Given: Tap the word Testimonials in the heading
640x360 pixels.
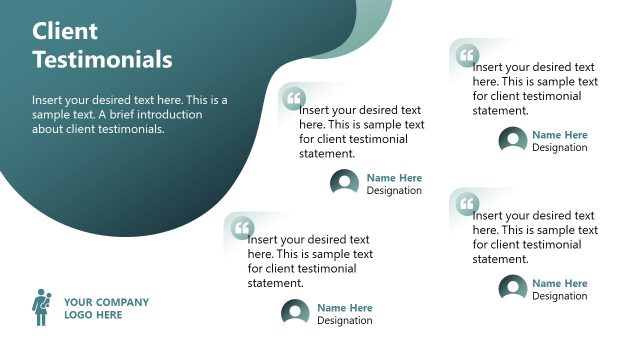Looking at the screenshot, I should click(x=102, y=60).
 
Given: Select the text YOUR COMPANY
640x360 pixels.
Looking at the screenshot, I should click(x=106, y=302).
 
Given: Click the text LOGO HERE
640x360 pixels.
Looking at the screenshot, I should click(x=93, y=315).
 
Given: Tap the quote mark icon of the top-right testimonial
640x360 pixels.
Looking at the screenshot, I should click(x=467, y=56).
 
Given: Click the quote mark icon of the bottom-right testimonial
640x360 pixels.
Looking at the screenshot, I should click(x=467, y=205).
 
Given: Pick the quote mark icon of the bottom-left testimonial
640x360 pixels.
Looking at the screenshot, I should click(x=242, y=229).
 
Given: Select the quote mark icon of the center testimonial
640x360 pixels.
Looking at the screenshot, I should click(x=294, y=99).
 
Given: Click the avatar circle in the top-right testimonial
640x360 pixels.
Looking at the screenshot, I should click(x=513, y=141).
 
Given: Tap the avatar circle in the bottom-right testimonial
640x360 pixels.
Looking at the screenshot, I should click(x=513, y=289).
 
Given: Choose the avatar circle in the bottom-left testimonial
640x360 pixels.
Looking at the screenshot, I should click(x=295, y=314).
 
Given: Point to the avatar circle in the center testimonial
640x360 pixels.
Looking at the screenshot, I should click(x=345, y=183).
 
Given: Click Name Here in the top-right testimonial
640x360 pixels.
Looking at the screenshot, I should click(x=560, y=135).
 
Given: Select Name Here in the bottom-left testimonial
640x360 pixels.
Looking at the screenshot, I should click(x=345, y=308).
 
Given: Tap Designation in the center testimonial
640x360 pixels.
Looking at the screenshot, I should click(x=394, y=191).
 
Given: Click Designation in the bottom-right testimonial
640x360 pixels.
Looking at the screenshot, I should click(x=560, y=296).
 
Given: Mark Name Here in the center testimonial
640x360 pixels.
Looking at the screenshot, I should click(x=394, y=178).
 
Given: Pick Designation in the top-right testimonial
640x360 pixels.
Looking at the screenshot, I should click(x=560, y=148).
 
